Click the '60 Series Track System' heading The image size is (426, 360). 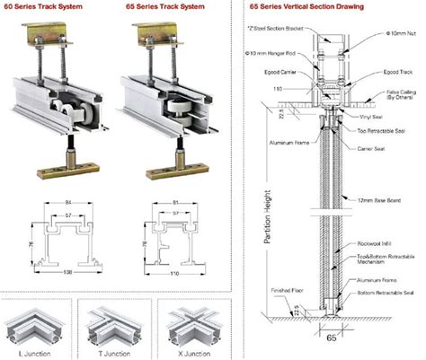tap(41, 6)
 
